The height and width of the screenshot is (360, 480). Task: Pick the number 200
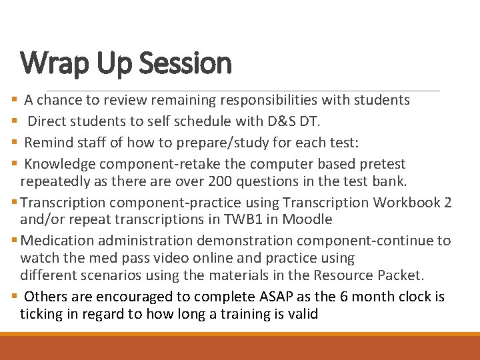pos(221,182)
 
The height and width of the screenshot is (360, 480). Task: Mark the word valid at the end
pos(303,314)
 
